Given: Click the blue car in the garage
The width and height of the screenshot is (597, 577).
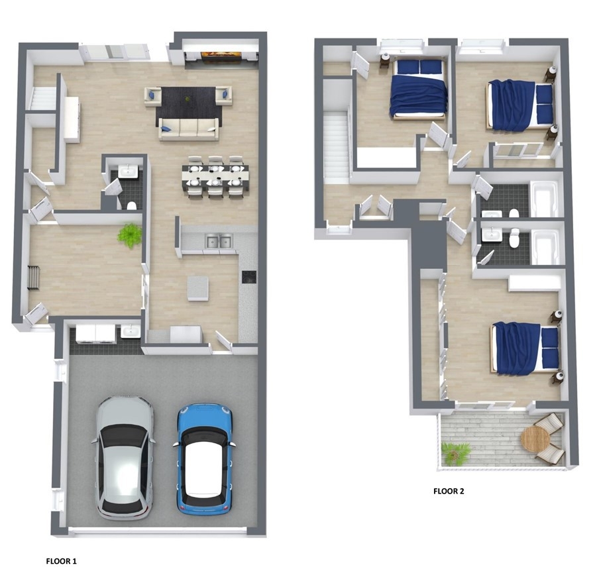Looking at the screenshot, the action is point(204,459).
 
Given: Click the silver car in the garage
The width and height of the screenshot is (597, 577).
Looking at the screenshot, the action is point(123,458).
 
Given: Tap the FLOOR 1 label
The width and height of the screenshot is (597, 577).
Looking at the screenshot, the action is point(62,561).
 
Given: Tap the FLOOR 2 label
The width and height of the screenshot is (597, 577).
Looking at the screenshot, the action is point(449,491).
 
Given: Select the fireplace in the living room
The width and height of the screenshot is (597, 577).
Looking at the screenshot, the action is point(221,55).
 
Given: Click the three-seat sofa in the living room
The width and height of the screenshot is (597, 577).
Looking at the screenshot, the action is point(189,129).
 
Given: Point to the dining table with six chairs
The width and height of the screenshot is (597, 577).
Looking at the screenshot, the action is point(215,176).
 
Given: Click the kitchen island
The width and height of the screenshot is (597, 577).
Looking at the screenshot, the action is point(197,288).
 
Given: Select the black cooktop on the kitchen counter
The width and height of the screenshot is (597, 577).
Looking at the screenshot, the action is point(249,277).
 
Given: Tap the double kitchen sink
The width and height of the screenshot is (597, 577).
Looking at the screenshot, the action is point(219,241).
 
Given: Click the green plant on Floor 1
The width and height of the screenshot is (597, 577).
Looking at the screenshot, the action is point(130,236).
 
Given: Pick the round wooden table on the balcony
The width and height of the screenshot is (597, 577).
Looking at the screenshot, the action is point(535,439).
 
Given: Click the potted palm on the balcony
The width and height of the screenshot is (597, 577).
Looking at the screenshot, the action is point(455,453).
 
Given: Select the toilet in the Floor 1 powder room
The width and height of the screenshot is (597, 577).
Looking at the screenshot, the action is point(131,206).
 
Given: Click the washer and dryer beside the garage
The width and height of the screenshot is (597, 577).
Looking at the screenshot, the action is point(95,333).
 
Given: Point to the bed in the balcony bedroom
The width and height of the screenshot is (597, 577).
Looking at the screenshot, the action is point(525,348).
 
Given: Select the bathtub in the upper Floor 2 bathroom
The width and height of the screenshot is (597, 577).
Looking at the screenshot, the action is point(545,199).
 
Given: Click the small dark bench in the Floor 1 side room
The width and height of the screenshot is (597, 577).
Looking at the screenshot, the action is point(34,278).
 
